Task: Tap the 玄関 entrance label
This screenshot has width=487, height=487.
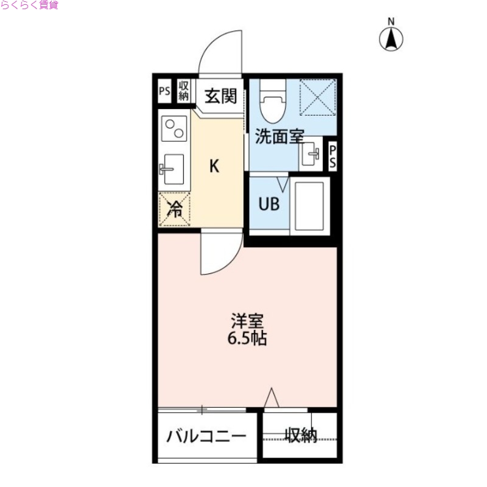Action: click(x=220, y=96)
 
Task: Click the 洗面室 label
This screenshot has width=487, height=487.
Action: click(x=279, y=136)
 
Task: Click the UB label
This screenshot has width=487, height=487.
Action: click(x=269, y=204)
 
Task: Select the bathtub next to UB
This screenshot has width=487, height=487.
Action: click(x=309, y=205)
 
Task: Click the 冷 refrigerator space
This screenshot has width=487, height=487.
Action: click(x=175, y=210)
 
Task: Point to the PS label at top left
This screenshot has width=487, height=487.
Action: click(x=164, y=91)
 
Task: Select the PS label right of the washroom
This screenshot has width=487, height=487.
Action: click(x=333, y=157)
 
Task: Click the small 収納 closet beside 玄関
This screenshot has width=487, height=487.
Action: click(x=184, y=91)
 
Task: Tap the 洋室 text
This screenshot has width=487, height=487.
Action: click(x=247, y=321)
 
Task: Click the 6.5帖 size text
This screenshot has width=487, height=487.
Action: click(x=247, y=338)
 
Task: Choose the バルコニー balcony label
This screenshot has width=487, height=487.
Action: click(x=207, y=436)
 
